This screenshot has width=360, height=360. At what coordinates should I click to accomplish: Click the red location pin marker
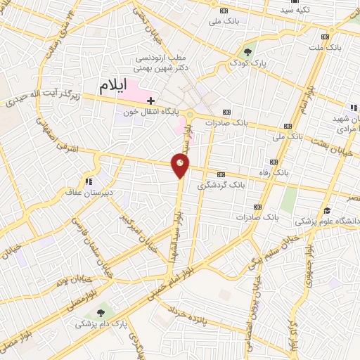[x=181, y=165]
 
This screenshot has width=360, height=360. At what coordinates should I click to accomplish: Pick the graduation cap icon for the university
[x=326, y=210]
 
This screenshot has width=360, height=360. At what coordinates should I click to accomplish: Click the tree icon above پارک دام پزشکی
[x=103, y=310]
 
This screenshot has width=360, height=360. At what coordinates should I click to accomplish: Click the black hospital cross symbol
[x=150, y=101]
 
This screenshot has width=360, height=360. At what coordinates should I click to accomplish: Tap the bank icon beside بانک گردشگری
[x=221, y=175]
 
